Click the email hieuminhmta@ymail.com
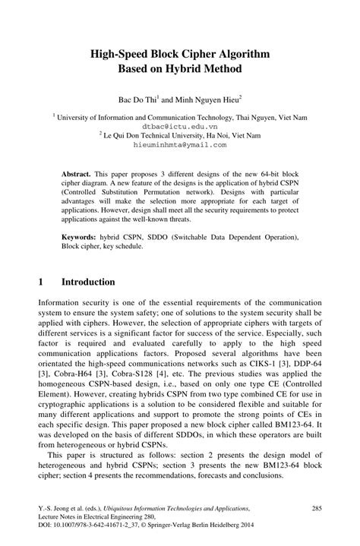tap(180, 143)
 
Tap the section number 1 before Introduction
tap(41, 282)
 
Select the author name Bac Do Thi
tap(139, 99)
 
